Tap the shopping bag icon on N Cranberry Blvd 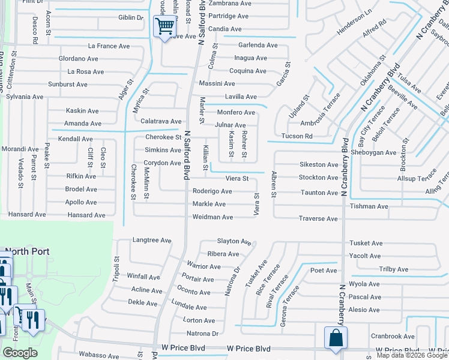335,338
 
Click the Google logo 20,353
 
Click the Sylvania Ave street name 25,97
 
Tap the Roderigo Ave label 212,191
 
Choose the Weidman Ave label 212,217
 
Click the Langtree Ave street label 152,240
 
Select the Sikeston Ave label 319,164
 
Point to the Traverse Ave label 318,219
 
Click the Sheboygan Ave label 375,152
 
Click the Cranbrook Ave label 393,337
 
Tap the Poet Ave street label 324,271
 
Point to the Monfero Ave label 236,112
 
